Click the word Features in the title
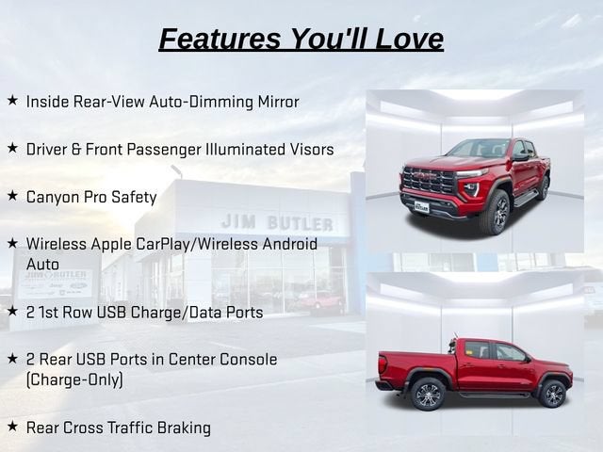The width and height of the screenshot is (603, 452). point(220,39)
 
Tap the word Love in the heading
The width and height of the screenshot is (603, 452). point(409,39)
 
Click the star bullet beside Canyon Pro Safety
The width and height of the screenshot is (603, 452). point(12,196)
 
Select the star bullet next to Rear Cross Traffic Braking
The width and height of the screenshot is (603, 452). point(12,426)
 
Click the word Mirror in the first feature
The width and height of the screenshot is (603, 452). point(279,102)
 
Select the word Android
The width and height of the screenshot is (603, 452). point(290,245)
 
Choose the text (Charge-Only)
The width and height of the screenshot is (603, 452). point(74,379)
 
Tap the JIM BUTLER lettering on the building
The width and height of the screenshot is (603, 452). point(277,222)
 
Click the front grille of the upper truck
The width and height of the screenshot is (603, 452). point(428,181)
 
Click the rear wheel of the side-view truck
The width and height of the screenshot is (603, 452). point(428,394)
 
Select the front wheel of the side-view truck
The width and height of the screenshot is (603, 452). point(552,394)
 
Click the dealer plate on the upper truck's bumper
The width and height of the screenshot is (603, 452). point(421,207)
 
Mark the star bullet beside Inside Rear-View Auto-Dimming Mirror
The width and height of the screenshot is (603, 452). point(12,101)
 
